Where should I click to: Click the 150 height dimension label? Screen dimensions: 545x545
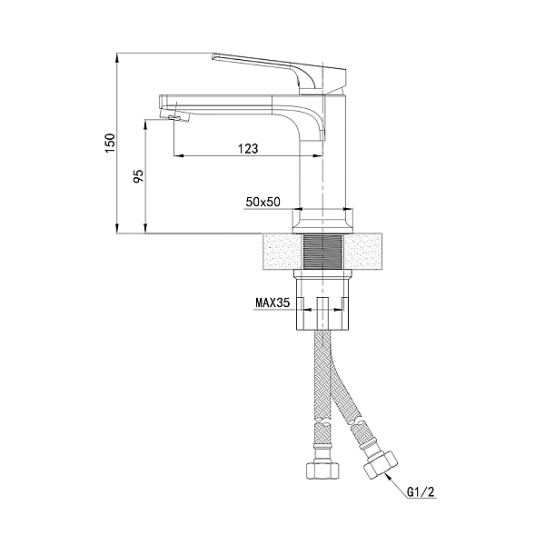click(110, 142)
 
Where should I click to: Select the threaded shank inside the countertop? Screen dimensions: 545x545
click(322, 252)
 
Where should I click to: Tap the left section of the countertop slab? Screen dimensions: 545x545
click(279, 251)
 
